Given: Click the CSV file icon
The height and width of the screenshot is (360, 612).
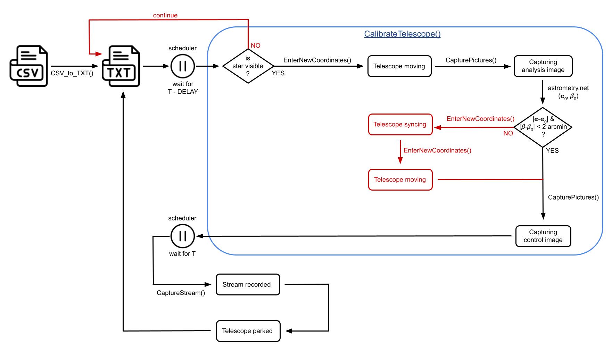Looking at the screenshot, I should tap(28, 66).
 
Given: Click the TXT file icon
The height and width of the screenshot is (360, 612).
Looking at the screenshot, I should tap(121, 66).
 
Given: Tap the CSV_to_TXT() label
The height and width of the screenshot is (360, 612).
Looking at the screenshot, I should tap(72, 74).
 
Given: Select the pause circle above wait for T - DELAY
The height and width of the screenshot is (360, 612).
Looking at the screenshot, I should tap(183, 66).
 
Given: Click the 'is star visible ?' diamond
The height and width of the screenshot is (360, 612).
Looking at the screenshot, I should tap(248, 66).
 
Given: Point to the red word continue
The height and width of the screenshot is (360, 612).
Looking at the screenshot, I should tap(165, 15).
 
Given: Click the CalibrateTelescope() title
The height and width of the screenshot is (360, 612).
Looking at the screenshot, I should tap(402, 34).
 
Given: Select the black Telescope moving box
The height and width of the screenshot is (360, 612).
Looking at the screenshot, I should tap(399, 66).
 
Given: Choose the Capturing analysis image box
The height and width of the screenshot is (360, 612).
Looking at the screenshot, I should tap(543, 66).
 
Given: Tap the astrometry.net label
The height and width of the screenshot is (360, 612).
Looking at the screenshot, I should tap(568, 88).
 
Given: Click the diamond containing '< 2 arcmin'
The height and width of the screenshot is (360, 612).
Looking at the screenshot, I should tap(543, 127).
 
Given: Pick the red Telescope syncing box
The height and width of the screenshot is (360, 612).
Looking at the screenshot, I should tap(400, 124).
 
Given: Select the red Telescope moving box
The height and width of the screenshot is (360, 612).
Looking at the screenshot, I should tap(400, 179).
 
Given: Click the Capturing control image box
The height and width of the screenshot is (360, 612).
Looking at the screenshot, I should tap(543, 236).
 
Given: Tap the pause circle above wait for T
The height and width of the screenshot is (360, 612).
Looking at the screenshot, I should tap(183, 236).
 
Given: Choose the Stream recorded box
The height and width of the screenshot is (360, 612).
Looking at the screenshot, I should tap(248, 285).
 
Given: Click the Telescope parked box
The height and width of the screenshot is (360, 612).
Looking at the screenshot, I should tap(248, 331).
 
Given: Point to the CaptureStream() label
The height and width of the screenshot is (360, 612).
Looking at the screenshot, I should tap(181, 293).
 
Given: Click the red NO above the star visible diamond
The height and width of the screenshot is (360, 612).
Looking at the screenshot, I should tap(255, 45).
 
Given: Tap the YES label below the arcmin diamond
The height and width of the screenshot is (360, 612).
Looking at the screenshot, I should tap(552, 150).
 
